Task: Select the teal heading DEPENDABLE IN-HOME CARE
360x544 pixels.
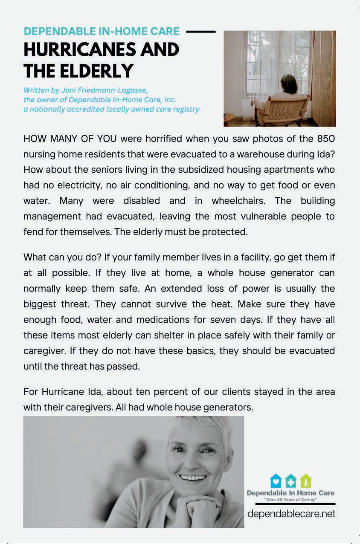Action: coord(102,31)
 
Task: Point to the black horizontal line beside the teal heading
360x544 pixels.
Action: coord(201,31)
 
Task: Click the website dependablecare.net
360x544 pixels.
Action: coord(291,514)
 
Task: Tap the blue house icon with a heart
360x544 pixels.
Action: coord(276,481)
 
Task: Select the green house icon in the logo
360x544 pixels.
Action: coord(305,481)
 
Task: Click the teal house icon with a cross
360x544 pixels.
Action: coord(290,481)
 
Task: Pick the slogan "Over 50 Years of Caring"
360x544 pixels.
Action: coord(290,499)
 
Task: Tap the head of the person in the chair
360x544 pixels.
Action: coord(290,83)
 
